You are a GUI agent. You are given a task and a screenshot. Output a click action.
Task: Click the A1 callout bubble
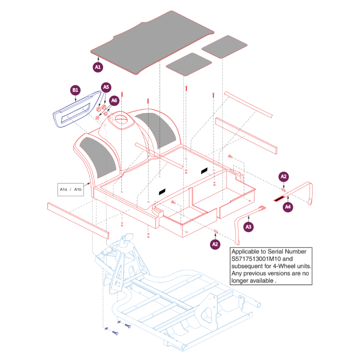tap(98, 67)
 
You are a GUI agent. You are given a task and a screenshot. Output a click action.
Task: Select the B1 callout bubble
tap(75, 90)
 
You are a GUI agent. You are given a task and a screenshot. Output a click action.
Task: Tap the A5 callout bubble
tap(106, 87)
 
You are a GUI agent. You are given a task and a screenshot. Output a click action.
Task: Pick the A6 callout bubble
tap(114, 100)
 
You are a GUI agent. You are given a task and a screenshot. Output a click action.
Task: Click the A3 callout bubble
tap(249, 227)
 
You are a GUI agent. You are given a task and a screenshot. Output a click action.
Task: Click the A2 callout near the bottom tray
tap(215, 244)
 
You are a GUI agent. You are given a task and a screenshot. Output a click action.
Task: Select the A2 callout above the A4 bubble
tap(283, 176)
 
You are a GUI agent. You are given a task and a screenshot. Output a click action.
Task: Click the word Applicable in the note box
tap(245, 252)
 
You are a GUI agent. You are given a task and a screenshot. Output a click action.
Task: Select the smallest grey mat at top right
tap(224, 46)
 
